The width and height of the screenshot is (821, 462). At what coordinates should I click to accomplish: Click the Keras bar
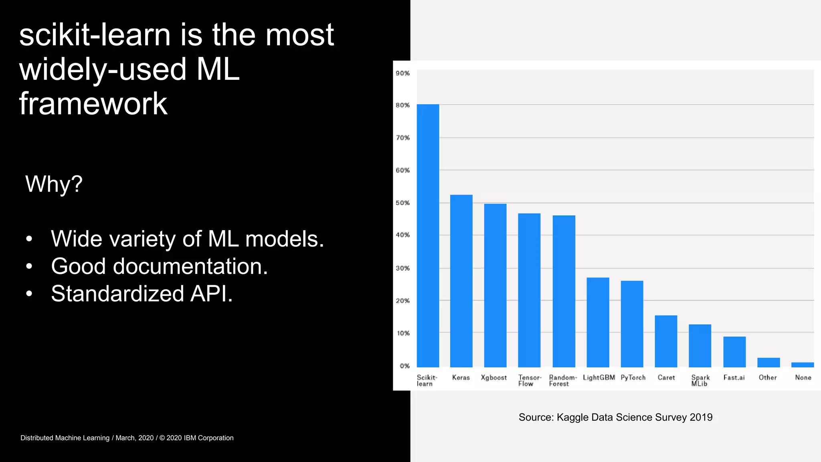tap(461, 281)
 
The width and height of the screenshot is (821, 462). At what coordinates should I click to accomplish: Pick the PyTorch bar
tap(632, 324)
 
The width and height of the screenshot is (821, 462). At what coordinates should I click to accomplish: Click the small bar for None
tap(802, 365)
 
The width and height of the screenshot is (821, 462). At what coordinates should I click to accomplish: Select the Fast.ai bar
tap(734, 352)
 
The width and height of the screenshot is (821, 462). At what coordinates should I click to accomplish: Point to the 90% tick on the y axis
tap(402, 73)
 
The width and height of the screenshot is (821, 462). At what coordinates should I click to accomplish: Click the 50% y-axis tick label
tap(402, 203)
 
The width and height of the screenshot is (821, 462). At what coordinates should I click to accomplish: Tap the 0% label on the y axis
tap(404, 366)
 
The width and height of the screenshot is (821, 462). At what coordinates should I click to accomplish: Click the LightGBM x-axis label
tap(599, 377)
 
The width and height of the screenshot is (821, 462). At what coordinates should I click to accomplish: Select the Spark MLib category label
tap(700, 380)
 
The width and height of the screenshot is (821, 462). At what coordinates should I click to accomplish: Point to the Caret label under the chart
tap(666, 377)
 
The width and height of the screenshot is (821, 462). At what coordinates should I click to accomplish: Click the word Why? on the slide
tap(54, 184)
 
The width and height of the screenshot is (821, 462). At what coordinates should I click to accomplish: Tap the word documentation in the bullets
tap(190, 266)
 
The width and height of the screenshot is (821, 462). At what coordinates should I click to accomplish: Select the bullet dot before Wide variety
tap(29, 239)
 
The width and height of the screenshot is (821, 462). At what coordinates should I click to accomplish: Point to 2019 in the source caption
tap(701, 417)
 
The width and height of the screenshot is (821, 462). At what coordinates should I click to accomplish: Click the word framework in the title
tap(93, 104)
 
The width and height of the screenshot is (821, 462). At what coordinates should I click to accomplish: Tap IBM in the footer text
tap(190, 438)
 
